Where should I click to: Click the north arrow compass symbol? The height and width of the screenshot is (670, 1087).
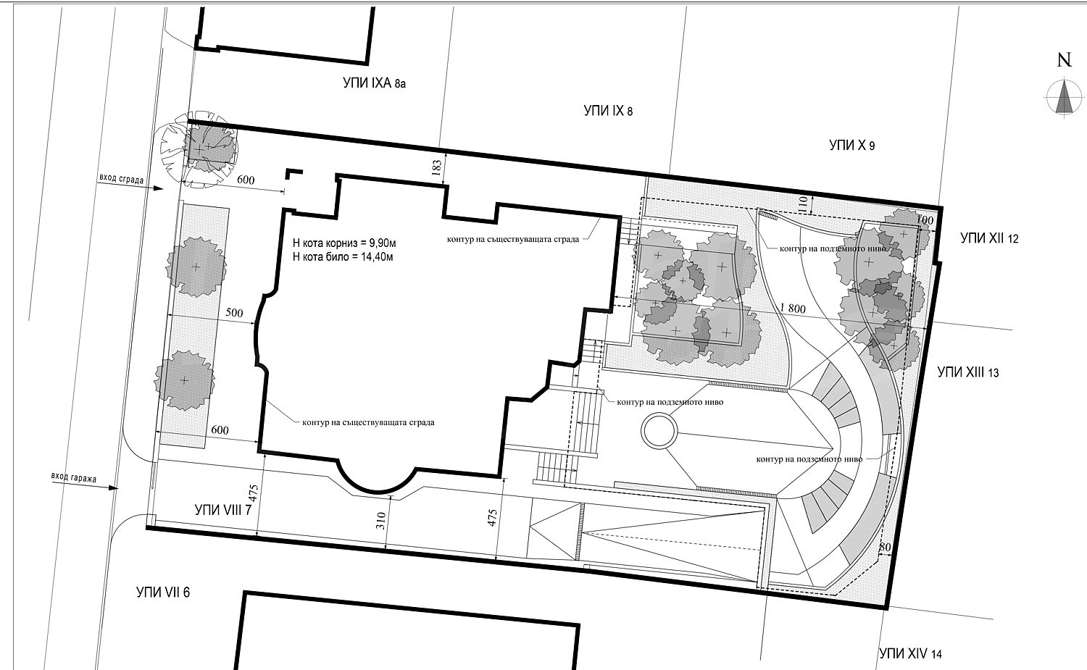coord(1065,98)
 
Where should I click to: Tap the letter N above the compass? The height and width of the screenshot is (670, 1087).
coord(1065,59)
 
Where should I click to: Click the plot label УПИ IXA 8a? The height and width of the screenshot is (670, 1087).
coord(374,83)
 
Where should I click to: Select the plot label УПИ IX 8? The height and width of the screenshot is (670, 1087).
coord(608,111)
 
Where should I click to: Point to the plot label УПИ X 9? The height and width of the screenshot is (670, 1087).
coord(851,145)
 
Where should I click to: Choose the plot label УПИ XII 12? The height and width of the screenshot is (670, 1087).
coord(989,238)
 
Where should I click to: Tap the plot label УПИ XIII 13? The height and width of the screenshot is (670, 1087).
coord(968,372)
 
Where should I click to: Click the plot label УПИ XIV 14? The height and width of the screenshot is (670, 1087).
coord(910,653)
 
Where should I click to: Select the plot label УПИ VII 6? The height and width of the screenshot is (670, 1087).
coord(163,592)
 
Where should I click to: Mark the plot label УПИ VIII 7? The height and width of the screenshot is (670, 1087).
coord(223,510)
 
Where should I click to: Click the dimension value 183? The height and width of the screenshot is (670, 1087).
coord(436,167)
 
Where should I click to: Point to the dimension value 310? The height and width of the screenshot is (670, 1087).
coord(381,521)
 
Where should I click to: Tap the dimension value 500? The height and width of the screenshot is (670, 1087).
coord(234,313)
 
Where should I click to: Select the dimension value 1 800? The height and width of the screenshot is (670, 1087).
coord(793,309)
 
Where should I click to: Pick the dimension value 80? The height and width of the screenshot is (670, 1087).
coord(885,548)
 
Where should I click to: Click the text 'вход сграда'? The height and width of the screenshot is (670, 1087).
coord(121,178)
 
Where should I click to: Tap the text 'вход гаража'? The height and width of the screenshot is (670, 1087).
coord(74,477)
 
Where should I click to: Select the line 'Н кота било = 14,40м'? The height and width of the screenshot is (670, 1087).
coord(343,256)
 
